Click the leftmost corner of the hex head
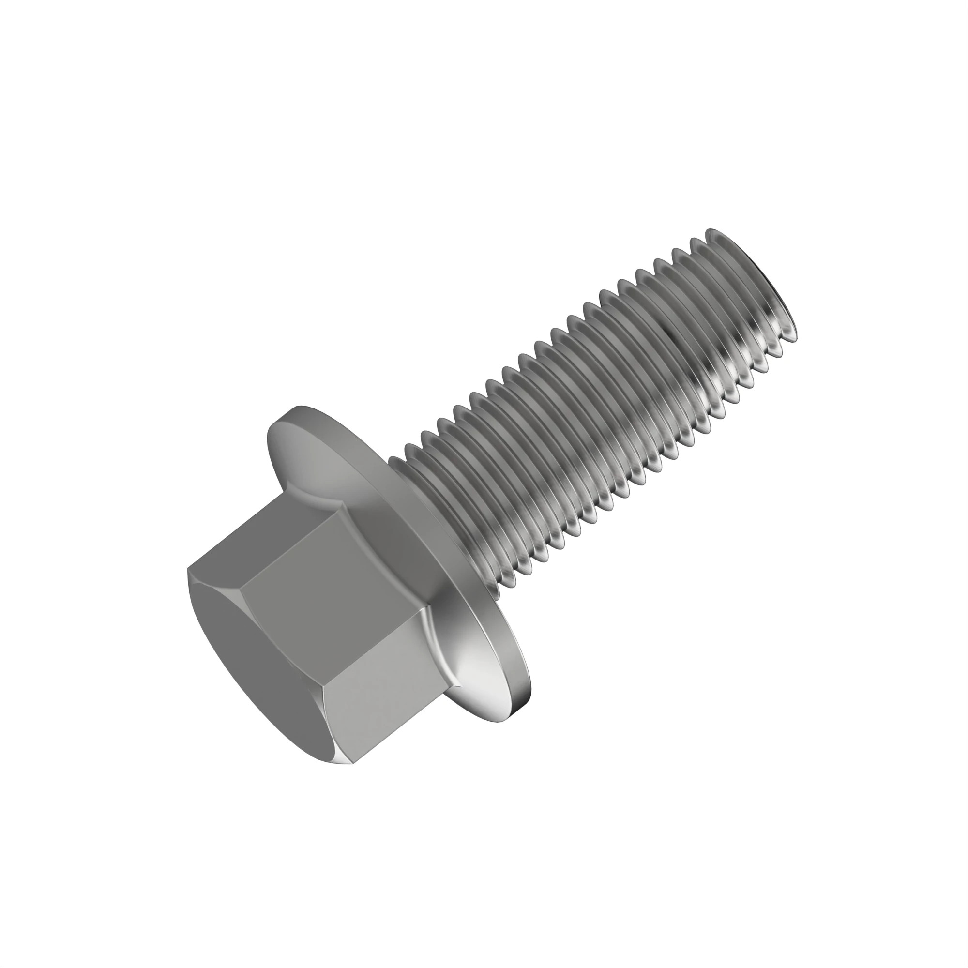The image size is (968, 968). [x=189, y=570]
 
